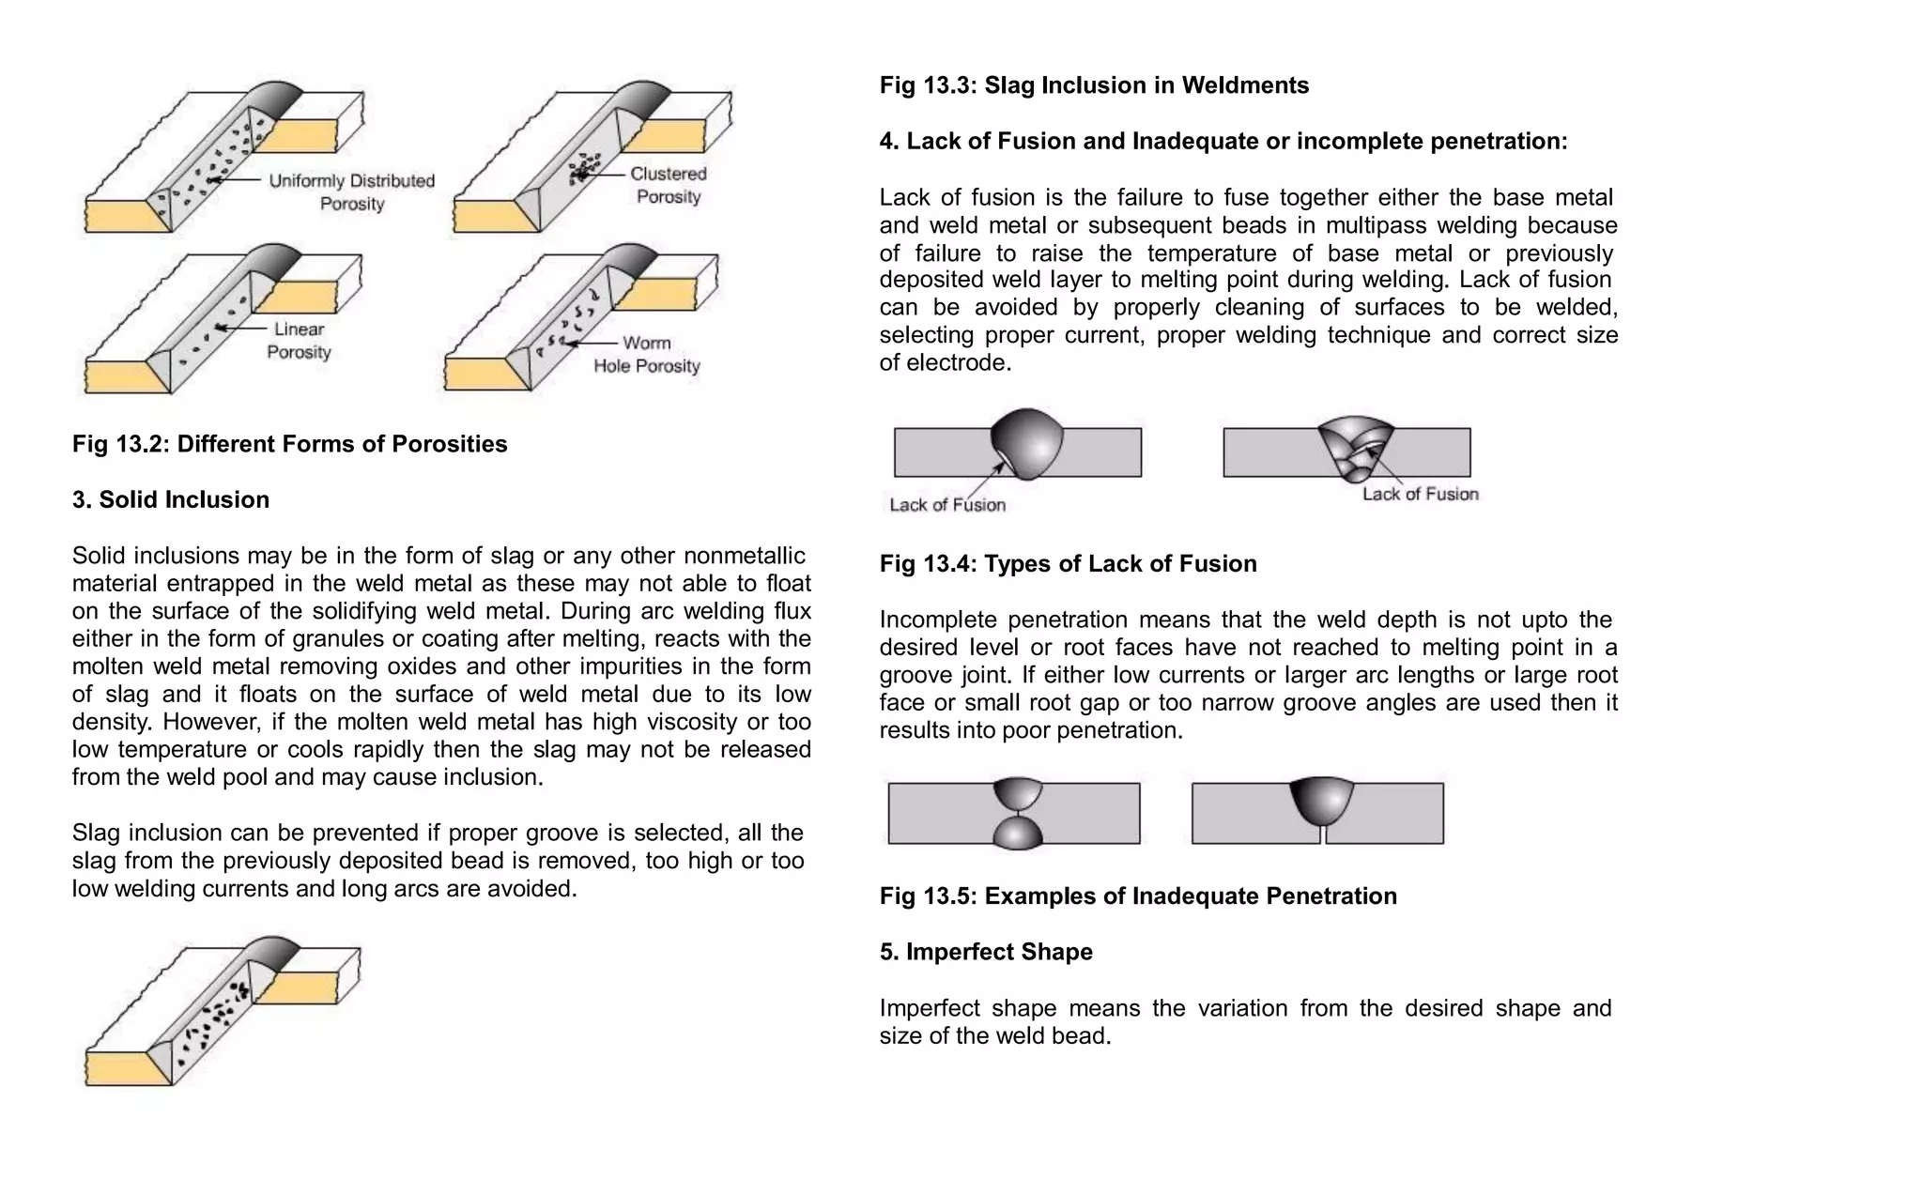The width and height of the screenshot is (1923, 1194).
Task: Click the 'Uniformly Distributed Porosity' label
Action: tap(352, 192)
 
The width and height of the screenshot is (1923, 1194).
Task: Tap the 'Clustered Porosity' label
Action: tap(669, 185)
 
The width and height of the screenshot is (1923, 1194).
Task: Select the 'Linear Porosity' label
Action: tap(299, 341)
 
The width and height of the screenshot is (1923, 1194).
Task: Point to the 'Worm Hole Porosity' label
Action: tap(647, 355)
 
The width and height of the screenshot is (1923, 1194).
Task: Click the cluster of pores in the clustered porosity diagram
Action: tap(583, 169)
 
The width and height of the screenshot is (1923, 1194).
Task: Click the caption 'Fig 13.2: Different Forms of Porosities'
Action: tap(289, 444)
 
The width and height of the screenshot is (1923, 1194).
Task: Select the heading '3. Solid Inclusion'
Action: tap(171, 499)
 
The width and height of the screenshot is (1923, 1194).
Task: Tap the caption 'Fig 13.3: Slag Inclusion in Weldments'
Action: tap(1094, 85)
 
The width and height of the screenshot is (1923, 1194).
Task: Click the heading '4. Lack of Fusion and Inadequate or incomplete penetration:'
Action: tap(1223, 142)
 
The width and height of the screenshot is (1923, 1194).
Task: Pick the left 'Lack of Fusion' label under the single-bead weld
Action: tap(947, 505)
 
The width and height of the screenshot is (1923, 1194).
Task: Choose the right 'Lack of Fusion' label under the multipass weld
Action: tap(1420, 495)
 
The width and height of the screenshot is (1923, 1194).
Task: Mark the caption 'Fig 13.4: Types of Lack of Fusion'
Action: tap(1068, 564)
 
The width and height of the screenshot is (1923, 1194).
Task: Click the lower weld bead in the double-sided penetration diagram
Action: tap(1018, 833)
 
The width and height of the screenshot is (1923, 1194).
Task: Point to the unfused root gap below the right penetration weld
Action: tap(1321, 834)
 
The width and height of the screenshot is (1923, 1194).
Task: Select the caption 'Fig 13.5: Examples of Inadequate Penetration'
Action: tap(1138, 896)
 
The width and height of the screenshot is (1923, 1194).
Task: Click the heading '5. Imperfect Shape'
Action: tap(986, 952)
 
